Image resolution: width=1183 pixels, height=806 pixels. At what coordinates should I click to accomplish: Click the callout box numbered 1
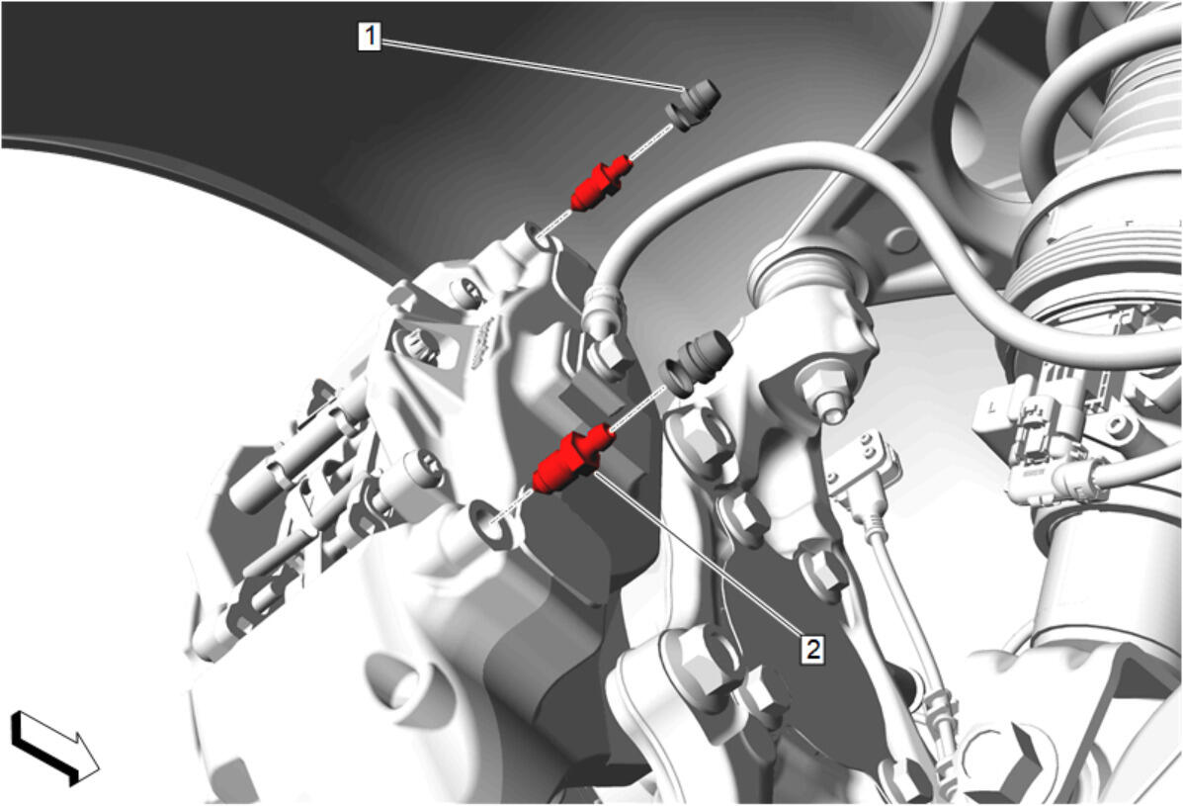[x=369, y=36]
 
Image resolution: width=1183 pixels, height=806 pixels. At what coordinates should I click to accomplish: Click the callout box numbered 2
[x=812, y=649]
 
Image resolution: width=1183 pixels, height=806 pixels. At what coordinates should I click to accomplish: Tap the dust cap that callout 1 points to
[x=693, y=104]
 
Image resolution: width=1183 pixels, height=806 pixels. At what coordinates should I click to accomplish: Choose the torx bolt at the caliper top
[x=466, y=292]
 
